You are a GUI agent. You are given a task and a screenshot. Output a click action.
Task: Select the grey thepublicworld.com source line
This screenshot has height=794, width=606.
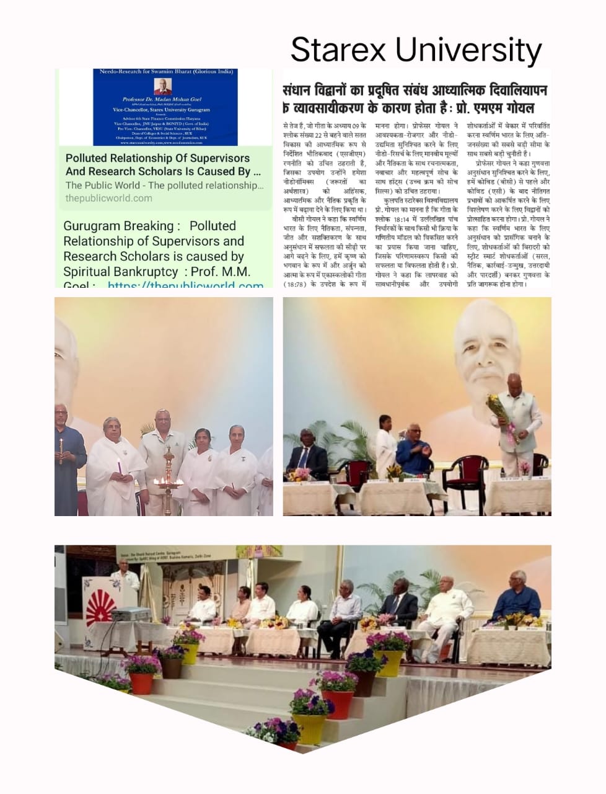(108, 198)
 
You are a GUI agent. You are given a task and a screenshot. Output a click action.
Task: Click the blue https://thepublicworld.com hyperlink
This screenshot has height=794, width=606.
(186, 285)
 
